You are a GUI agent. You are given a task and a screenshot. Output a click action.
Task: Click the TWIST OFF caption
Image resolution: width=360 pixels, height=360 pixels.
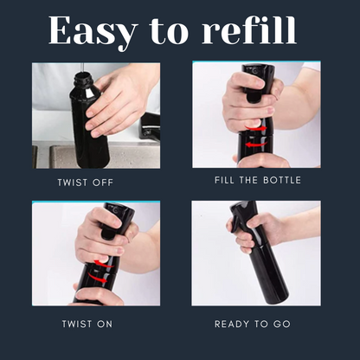84,183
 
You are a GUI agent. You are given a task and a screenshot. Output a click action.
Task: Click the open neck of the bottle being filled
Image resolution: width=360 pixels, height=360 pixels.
83,78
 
